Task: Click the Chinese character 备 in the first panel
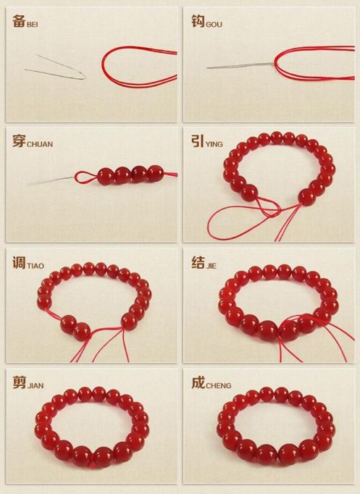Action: [19, 21]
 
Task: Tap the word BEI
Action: [33, 25]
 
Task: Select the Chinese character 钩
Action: [198, 21]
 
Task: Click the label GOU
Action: [214, 25]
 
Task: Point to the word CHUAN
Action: [40, 145]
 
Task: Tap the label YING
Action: [214, 145]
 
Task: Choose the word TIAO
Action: [35, 267]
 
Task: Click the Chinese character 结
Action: [198, 262]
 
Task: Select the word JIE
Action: [211, 267]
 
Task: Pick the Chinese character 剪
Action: [19, 382]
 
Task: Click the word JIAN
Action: [35, 385]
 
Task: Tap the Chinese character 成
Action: [198, 382]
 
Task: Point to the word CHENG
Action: [218, 385]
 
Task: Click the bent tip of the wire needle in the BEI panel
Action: [85, 77]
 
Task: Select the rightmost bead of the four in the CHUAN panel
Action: [156, 174]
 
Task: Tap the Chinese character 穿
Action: [19, 141]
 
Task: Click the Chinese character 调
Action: [19, 262]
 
